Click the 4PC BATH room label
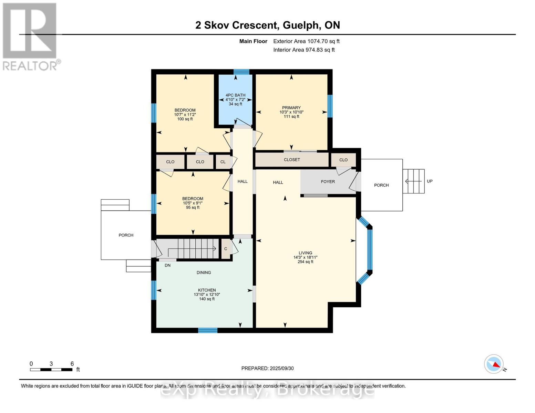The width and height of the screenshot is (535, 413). (x=235, y=95)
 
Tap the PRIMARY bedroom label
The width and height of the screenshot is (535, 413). (x=291, y=108)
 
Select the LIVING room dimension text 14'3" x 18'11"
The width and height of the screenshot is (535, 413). (x=305, y=257)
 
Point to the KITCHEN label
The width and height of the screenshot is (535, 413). (x=207, y=290)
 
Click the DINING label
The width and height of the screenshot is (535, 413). (x=204, y=273)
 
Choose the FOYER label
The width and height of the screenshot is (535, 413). (x=328, y=182)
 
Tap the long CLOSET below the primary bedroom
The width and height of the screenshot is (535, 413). (x=292, y=160)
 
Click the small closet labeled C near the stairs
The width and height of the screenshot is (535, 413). (x=226, y=249)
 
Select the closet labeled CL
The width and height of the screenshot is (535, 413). (x=223, y=162)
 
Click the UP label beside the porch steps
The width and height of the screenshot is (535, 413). (x=430, y=181)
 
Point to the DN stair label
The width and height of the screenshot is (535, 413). (x=167, y=265)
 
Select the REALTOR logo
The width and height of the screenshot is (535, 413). (x=31, y=37)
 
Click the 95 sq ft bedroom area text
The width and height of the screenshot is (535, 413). (x=193, y=208)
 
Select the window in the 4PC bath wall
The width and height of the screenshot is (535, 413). (x=241, y=72)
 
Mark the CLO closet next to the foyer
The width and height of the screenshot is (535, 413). (x=343, y=160)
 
